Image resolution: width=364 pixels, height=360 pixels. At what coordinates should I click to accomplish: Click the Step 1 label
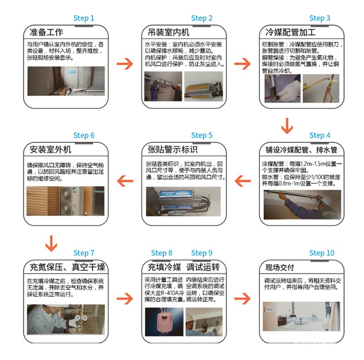(x=83, y=18)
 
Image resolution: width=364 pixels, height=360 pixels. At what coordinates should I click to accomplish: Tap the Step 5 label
(x=201, y=135)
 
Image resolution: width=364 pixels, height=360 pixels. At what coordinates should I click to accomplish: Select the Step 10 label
(x=322, y=253)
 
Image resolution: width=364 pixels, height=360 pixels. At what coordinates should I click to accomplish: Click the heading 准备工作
(x=46, y=32)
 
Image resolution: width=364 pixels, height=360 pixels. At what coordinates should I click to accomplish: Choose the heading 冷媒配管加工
(x=291, y=32)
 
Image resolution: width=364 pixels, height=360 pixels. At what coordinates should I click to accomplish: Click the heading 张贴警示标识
(x=172, y=150)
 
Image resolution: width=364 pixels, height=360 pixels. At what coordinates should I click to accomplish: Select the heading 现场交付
(x=280, y=267)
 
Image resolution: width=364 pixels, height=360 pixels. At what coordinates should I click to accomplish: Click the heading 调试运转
(x=203, y=267)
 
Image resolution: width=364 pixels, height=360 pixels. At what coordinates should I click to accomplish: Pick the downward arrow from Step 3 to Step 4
(x=287, y=125)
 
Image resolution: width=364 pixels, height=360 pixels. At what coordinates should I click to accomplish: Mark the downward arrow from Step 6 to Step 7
(x=51, y=243)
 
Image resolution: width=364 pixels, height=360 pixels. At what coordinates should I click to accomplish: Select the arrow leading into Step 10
(x=242, y=299)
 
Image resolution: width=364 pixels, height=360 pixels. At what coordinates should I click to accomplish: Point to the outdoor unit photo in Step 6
(x=65, y=201)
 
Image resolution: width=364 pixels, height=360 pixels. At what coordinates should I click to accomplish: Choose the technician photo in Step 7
(x=65, y=319)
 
